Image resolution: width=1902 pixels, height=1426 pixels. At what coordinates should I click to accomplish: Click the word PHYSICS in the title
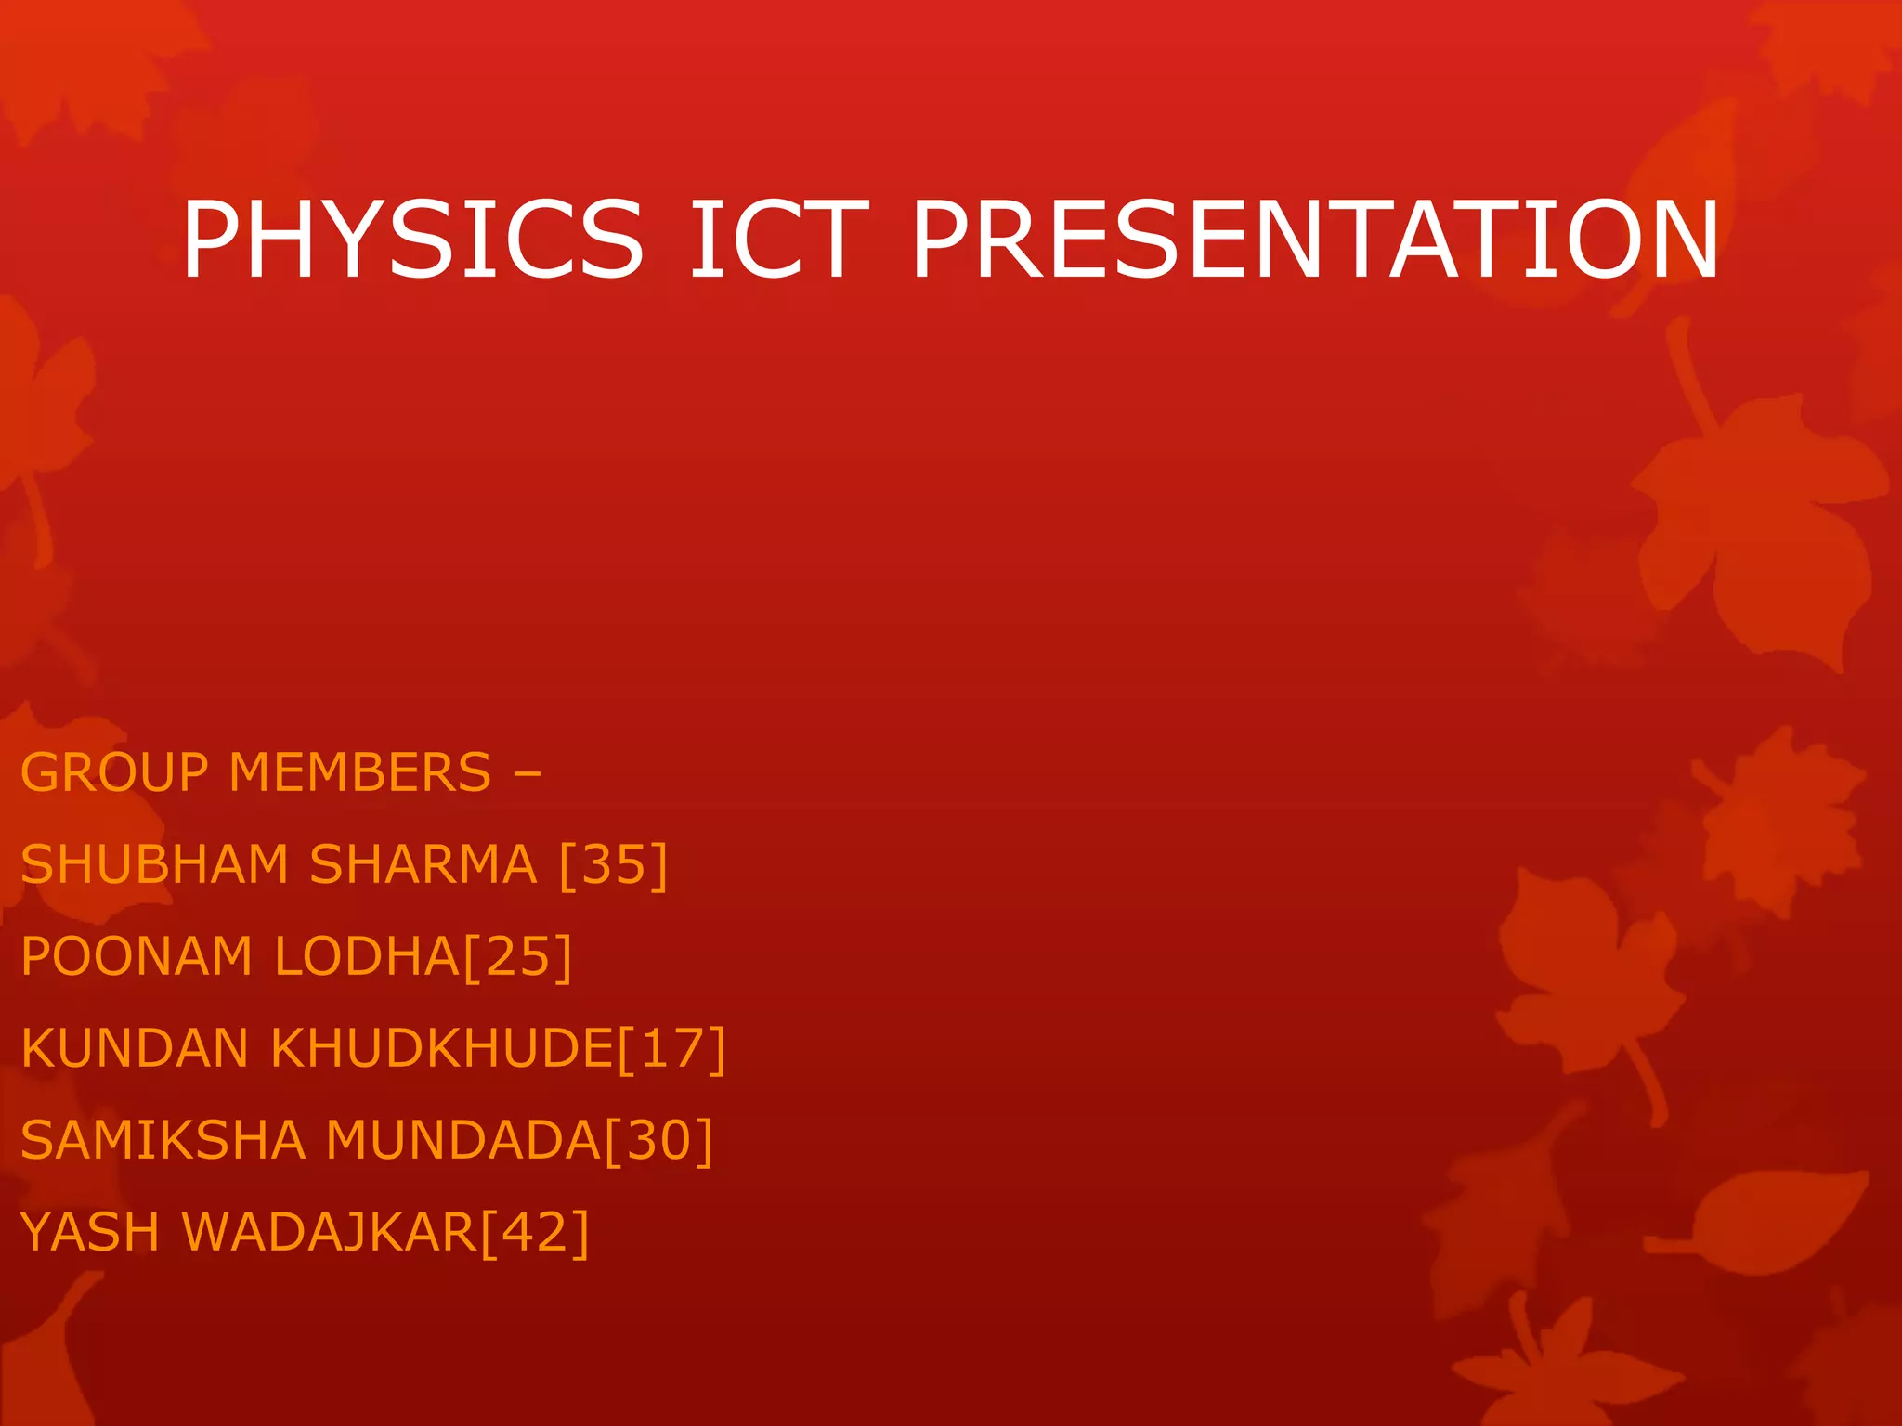pyautogui.click(x=412, y=240)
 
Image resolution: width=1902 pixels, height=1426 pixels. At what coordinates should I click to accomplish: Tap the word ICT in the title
pyautogui.click(x=778, y=240)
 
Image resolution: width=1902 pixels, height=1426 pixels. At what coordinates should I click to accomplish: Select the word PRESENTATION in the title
pyautogui.click(x=1315, y=240)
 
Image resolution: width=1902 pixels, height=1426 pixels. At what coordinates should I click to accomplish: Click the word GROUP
pyautogui.click(x=115, y=772)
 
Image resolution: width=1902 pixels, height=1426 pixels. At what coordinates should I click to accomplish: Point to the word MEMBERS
pyautogui.click(x=359, y=772)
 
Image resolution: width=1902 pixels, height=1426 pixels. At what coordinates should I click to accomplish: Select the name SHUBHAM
pyautogui.click(x=154, y=864)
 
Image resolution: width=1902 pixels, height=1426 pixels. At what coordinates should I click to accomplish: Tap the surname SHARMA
pyautogui.click(x=423, y=864)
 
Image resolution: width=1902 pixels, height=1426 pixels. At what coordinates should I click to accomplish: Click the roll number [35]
pyautogui.click(x=614, y=864)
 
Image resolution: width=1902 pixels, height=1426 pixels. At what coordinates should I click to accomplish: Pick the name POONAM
pyautogui.click(x=137, y=956)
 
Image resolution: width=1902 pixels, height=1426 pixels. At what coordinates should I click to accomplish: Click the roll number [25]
pyautogui.click(x=517, y=956)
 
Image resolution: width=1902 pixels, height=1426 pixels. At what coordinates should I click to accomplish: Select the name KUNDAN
pyautogui.click(x=134, y=1048)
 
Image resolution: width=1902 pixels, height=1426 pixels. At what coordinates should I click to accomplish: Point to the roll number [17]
pyautogui.click(x=671, y=1048)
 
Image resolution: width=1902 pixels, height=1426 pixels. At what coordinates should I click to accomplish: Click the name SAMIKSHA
pyautogui.click(x=163, y=1140)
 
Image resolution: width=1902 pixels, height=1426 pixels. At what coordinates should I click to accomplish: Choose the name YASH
pyautogui.click(x=90, y=1232)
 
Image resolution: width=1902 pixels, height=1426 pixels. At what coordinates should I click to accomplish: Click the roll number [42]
pyautogui.click(x=535, y=1232)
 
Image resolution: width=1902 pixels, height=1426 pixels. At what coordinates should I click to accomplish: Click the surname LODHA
pyautogui.click(x=367, y=956)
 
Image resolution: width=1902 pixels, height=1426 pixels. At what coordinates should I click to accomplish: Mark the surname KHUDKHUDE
pyautogui.click(x=443, y=1048)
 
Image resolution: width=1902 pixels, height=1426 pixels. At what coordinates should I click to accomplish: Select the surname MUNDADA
pyautogui.click(x=463, y=1140)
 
